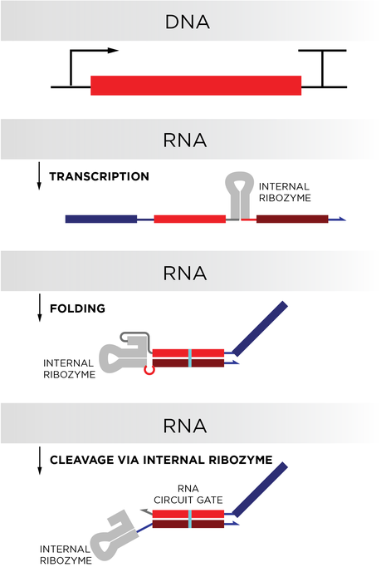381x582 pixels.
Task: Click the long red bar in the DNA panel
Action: tap(196, 85)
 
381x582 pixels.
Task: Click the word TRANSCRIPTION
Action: tap(99, 176)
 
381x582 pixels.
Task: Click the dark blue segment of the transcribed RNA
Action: tap(100, 219)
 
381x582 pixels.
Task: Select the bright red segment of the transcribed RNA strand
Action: tap(189, 219)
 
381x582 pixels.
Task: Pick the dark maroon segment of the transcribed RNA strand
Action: tap(291, 219)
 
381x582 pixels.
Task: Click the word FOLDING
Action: tap(77, 308)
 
